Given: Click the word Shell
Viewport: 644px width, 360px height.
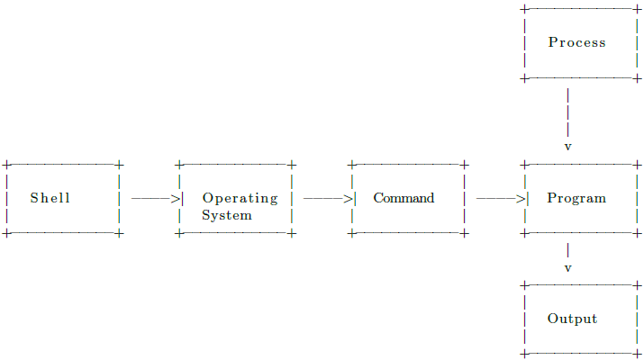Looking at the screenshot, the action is pyautogui.click(x=50, y=198).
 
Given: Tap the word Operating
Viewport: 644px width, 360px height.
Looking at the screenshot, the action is pyautogui.click(x=240, y=198).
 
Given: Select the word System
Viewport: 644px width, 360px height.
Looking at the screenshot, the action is pyautogui.click(x=226, y=216).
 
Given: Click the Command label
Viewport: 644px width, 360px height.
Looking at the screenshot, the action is pyautogui.click(x=404, y=198).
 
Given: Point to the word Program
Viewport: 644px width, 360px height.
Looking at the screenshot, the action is pyautogui.click(x=576, y=198).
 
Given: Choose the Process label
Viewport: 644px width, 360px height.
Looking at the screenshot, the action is pyautogui.click(x=576, y=42).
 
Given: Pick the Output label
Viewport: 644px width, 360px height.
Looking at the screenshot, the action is pyautogui.click(x=572, y=319).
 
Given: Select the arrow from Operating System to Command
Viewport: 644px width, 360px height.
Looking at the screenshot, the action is pyautogui.click(x=326, y=198).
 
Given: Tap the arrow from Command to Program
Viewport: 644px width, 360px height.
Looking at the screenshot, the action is pyautogui.click(x=498, y=198).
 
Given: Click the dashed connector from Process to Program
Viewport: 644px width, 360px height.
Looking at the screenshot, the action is pyautogui.click(x=567, y=112).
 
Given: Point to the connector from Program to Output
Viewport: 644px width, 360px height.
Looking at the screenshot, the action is pyautogui.click(x=567, y=249).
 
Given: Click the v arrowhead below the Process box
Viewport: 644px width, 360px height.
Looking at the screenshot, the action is pyautogui.click(x=567, y=146).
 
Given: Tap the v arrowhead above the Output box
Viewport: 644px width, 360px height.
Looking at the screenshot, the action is pyautogui.click(x=567, y=268).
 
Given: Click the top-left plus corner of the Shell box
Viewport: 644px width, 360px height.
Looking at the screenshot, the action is pyautogui.click(x=6, y=165).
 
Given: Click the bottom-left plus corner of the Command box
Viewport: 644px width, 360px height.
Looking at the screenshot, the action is pyautogui.click(x=351, y=233).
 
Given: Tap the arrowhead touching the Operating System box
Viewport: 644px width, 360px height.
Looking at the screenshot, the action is pyautogui.click(x=177, y=198).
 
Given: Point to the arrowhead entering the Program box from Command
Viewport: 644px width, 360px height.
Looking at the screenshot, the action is pyautogui.click(x=522, y=198).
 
